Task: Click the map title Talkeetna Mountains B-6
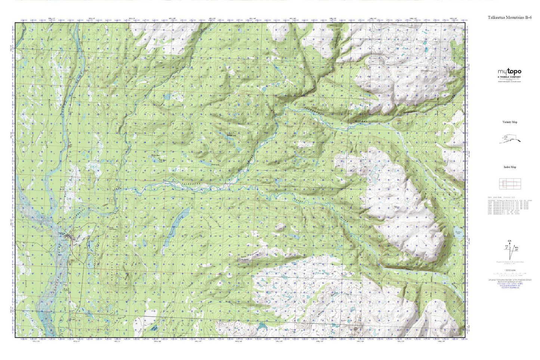(509, 18)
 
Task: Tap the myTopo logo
(509, 72)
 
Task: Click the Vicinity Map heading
(510, 122)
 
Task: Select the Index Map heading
(510, 167)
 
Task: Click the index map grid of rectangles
(510, 183)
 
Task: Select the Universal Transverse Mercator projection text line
(510, 279)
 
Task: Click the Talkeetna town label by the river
(64, 234)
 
